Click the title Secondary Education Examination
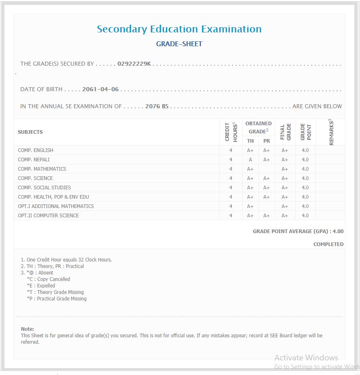click(179, 29)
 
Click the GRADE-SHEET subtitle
click(179, 44)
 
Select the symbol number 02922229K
click(134, 64)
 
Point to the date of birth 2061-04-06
click(101, 89)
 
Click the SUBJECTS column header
click(30, 132)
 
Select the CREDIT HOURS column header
click(231, 132)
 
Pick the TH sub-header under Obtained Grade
click(250, 141)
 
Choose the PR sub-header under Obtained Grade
click(267, 141)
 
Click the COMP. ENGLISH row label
click(35, 150)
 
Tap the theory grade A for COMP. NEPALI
click(250, 160)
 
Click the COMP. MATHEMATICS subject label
click(42, 169)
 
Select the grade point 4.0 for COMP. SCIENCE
click(305, 178)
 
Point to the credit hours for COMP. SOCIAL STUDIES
click(231, 188)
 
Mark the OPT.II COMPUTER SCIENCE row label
click(48, 216)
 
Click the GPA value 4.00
click(338, 231)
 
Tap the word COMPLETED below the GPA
click(328, 244)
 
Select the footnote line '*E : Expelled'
click(41, 286)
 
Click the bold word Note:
click(28, 329)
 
